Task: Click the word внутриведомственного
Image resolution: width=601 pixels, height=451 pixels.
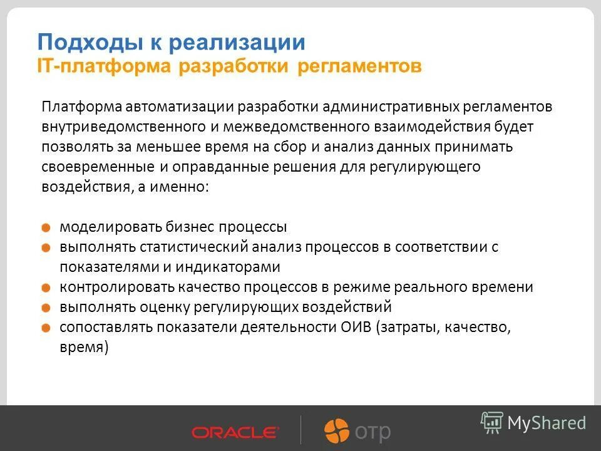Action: (120, 127)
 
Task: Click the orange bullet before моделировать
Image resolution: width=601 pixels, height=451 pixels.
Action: (48, 228)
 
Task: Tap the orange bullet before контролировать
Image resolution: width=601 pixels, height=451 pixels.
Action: (48, 288)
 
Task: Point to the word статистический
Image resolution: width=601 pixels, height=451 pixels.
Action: (188, 247)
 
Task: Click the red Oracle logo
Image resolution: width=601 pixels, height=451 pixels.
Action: (235, 432)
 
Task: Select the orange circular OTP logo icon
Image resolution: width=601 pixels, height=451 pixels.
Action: (337, 431)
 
